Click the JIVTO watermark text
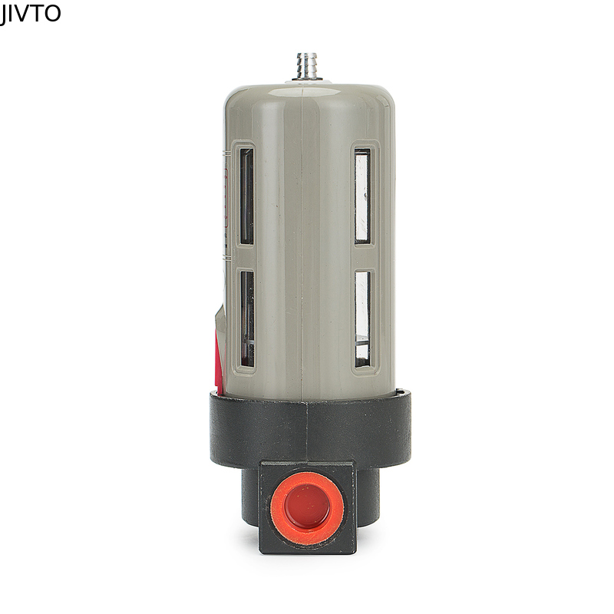point(30,13)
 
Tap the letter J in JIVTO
point(3,14)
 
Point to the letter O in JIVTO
point(52,13)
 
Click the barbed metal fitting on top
point(308,64)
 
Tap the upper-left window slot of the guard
point(246,196)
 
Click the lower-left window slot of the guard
point(246,318)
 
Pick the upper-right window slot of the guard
point(362,196)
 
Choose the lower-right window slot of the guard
point(362,318)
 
